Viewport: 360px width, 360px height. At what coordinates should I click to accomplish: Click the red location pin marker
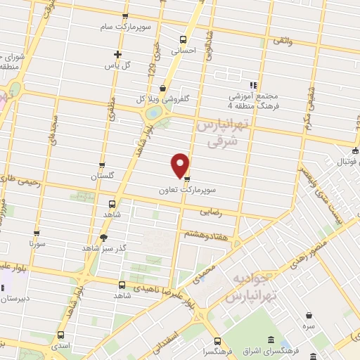tap(181, 165)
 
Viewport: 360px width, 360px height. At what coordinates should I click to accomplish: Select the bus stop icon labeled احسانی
tap(184, 39)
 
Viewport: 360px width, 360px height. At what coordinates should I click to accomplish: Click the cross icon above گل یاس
tap(118, 54)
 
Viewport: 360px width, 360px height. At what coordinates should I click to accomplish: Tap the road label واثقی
tap(282, 43)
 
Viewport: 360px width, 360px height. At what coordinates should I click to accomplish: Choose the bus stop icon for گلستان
tap(103, 166)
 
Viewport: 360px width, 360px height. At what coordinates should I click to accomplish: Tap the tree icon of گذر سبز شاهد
tap(104, 238)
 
